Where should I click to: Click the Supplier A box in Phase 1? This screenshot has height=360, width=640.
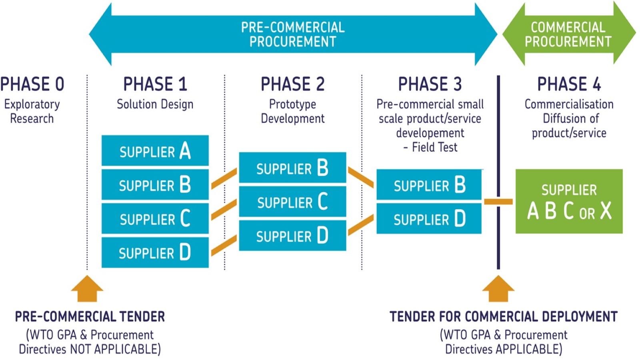pos(155,151)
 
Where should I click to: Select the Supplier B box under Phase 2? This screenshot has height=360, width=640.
pos(292,168)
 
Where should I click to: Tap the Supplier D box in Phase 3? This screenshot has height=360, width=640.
pos(429,219)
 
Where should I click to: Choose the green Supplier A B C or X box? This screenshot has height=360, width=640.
pos(569,201)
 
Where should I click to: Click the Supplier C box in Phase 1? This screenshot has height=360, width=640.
pos(155,218)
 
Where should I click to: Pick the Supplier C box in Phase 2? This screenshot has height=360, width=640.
pos(292,202)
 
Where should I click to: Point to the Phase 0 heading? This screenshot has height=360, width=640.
pos(32,84)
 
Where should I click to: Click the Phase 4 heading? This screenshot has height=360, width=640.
pos(569,84)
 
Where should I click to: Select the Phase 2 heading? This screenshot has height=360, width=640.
pos(292,84)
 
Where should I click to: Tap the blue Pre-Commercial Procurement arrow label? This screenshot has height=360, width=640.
pos(292,34)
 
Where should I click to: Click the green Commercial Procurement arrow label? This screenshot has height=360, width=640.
pos(568,34)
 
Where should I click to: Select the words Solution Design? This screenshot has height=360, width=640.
pos(155,104)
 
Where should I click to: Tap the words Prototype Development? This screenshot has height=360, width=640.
pos(292,111)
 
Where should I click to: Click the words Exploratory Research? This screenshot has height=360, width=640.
pos(32,111)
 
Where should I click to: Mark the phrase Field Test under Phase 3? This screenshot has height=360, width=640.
pos(434,147)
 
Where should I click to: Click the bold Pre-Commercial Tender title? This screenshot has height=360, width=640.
pos(90,317)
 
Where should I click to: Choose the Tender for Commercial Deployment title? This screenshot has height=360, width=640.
pos(504,317)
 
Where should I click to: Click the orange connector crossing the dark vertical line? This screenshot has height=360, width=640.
pos(498,202)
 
